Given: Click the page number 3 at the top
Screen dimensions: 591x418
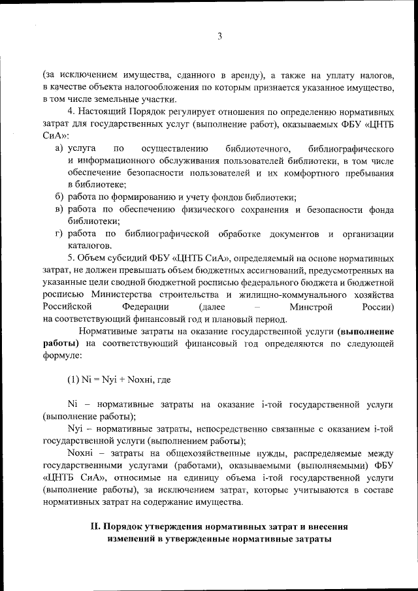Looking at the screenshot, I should pos(220,37).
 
